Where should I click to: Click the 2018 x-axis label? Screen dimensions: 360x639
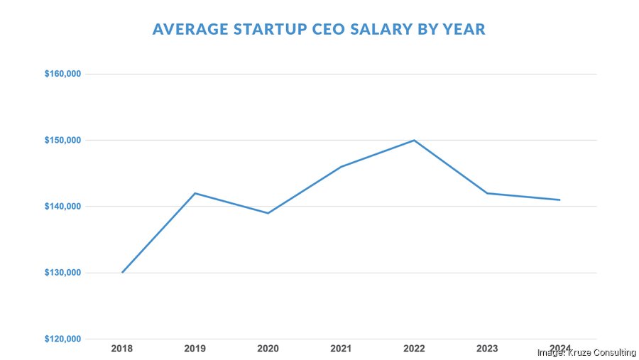(122, 349)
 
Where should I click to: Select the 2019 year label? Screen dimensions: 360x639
(195, 349)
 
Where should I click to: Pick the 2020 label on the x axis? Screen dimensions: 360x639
(268, 349)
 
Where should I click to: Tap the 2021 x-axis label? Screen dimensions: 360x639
(342, 349)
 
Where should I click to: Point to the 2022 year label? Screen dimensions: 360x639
(414, 349)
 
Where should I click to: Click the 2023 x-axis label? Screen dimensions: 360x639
(487, 349)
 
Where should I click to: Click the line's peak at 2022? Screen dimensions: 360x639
(414, 140)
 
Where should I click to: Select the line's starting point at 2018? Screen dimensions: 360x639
(122, 273)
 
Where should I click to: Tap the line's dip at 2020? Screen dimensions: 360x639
(268, 213)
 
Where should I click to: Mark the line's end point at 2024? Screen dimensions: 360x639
(560, 200)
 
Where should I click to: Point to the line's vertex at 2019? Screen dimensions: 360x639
(195, 193)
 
